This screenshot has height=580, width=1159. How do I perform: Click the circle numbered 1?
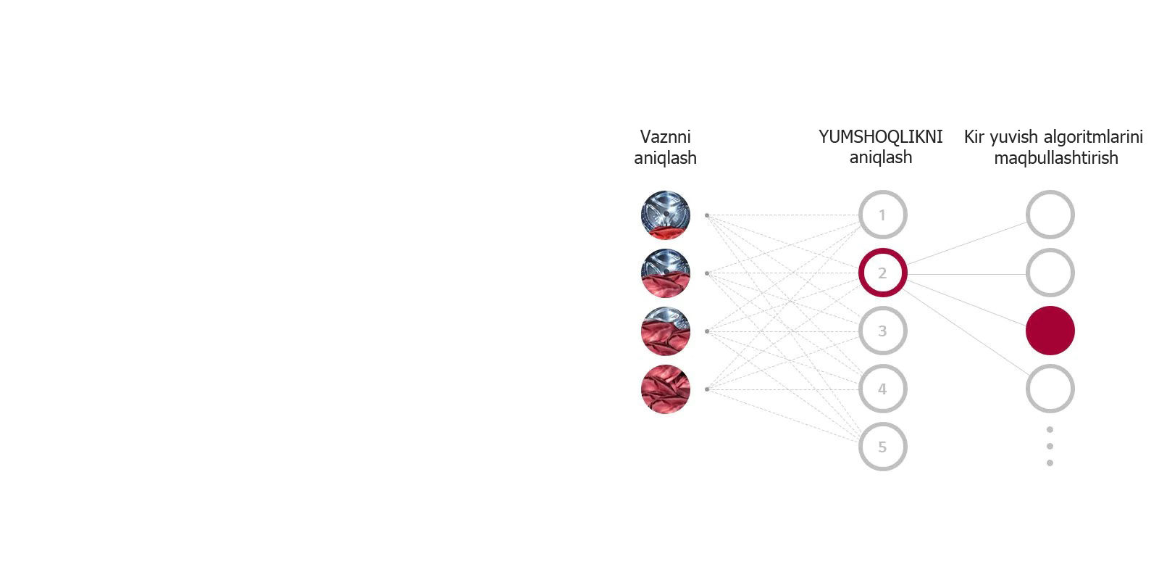[x=883, y=215]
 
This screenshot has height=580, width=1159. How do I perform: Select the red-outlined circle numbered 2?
[x=883, y=273]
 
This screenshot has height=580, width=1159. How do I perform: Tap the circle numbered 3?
[x=883, y=331]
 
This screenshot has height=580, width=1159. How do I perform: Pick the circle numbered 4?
[x=883, y=389]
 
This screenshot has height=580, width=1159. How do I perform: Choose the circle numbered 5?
[x=883, y=447]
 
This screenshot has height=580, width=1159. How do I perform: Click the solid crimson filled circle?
[x=1050, y=331]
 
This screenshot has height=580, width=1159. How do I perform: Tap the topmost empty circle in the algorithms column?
[x=1050, y=215]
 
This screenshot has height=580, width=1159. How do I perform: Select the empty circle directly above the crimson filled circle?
[x=1050, y=273]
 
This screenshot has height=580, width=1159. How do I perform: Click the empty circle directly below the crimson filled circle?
[x=1050, y=389]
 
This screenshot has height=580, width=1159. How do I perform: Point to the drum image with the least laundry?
[x=666, y=215]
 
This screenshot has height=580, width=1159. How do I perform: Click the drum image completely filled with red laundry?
[x=666, y=389]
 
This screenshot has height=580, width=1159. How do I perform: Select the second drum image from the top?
[x=666, y=273]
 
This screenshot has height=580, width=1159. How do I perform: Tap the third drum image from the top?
[x=666, y=331]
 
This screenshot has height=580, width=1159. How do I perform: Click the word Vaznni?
[x=666, y=137]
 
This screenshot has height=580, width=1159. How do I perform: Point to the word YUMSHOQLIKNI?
[x=881, y=137]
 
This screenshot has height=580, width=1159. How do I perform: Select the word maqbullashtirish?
[x=1056, y=157]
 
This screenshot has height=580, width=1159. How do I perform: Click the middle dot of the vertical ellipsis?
[x=1050, y=446]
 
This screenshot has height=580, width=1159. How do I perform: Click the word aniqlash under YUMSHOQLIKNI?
[x=881, y=157]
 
